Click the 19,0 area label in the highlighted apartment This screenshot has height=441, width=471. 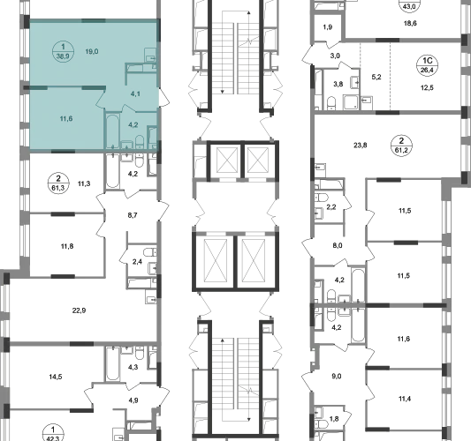tap(92, 51)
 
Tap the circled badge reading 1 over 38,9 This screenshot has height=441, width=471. tap(63, 51)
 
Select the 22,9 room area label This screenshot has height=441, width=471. tap(79, 310)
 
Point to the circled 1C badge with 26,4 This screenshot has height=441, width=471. tap(427, 65)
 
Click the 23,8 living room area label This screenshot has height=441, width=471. tap(361, 146)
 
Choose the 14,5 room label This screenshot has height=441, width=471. tap(56, 377)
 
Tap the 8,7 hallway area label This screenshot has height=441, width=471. tap(133, 215)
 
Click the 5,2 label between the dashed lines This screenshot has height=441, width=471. tap(376, 77)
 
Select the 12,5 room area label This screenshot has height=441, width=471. tap(427, 88)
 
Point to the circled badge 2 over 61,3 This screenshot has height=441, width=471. tap(58, 183)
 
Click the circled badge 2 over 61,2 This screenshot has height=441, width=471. tap(401, 145)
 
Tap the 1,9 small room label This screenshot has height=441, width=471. tap(328, 27)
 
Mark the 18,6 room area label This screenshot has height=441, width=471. tap(410, 24)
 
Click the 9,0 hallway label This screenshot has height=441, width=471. tap(337, 377)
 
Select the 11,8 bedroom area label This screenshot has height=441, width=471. tap(67, 246)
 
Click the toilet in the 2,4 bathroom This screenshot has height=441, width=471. tap(150, 252)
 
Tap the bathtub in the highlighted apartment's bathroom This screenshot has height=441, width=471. tap(112, 131)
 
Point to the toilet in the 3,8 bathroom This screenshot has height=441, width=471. tap(331, 103)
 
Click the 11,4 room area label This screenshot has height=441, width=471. tap(405, 399)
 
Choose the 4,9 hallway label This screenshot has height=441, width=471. tap(133, 400)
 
